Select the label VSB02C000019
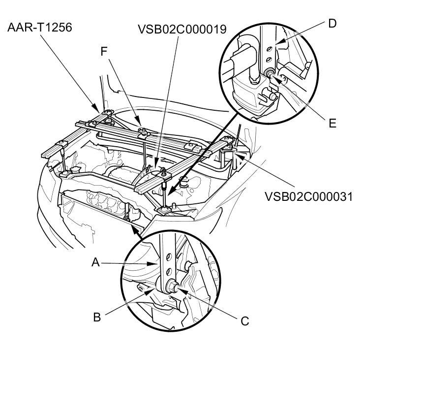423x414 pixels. click(182, 30)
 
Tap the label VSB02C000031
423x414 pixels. click(308, 196)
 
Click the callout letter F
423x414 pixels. click(104, 51)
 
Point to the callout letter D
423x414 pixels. click(332, 23)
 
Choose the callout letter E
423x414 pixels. click(332, 123)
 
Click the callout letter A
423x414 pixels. click(96, 262)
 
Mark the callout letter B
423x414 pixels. click(97, 317)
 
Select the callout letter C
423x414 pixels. click(245, 321)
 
